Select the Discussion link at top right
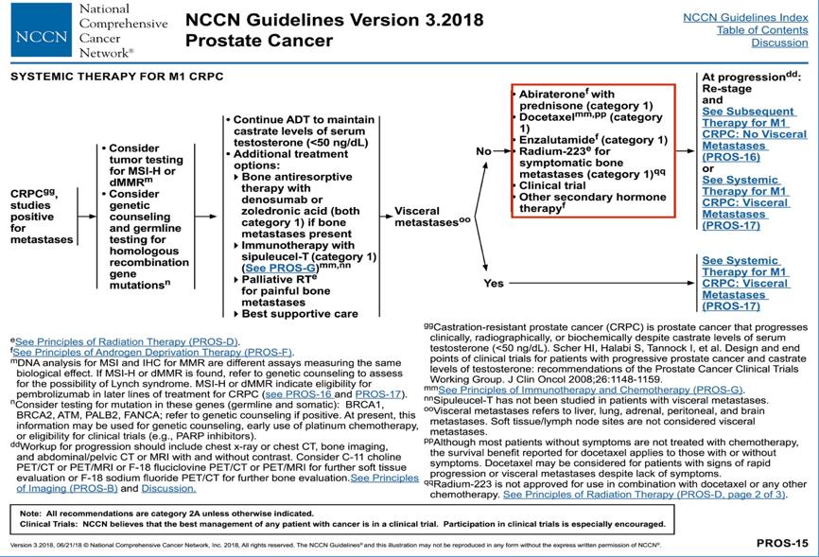[779, 43]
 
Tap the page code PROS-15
[782, 543]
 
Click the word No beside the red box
[483, 150]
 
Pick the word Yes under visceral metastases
[494, 283]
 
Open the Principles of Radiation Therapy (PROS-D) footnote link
[128, 340]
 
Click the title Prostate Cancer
[259, 41]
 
